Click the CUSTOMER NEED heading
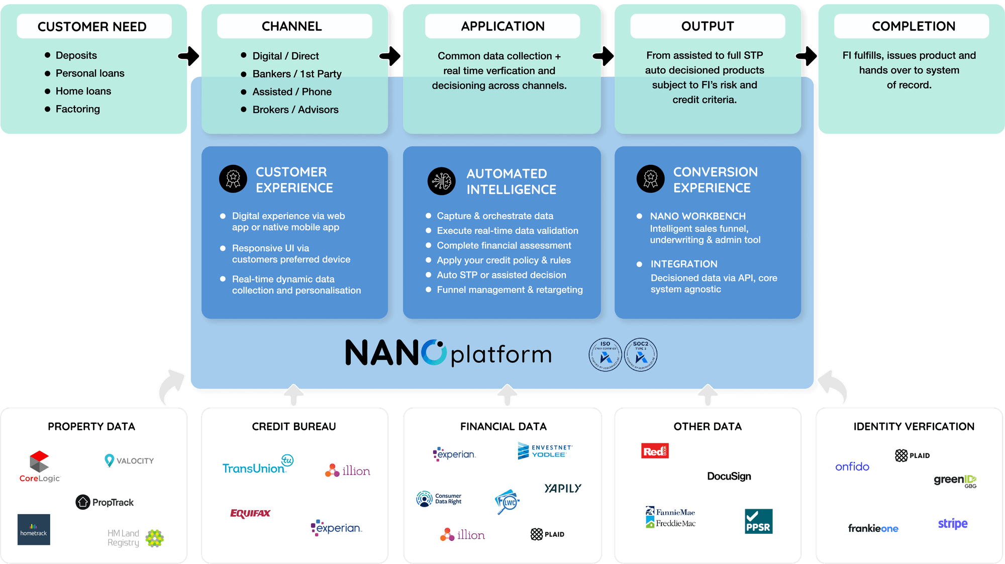pyautogui.click(x=92, y=27)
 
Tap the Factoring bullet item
pyautogui.click(x=77, y=109)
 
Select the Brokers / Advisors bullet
pyautogui.click(x=295, y=110)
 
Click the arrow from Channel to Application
pyautogui.click(x=391, y=56)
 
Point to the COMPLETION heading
pyautogui.click(x=913, y=26)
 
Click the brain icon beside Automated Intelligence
pyautogui.click(x=441, y=181)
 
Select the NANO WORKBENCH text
pyautogui.click(x=697, y=216)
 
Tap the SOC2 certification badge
pyautogui.click(x=641, y=354)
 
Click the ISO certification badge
pyautogui.click(x=605, y=354)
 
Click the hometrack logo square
pyautogui.click(x=34, y=529)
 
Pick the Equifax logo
pyautogui.click(x=250, y=513)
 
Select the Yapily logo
pyautogui.click(x=562, y=488)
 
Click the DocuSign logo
pyautogui.click(x=729, y=476)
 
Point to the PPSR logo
pyautogui.click(x=758, y=521)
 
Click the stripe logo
pyautogui.click(x=952, y=523)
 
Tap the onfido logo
pyautogui.click(x=852, y=466)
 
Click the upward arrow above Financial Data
pyautogui.click(x=508, y=395)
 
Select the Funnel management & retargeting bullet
pyautogui.click(x=510, y=290)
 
